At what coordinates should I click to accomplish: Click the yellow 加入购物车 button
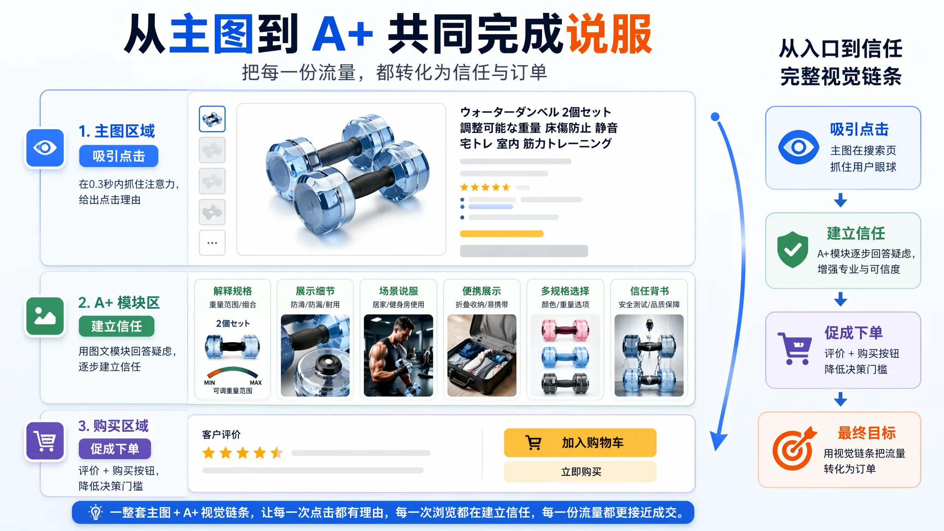coord(580,442)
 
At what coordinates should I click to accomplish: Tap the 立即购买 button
coord(580,472)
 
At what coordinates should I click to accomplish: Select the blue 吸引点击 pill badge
coord(118,156)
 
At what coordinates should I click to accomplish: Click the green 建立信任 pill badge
coord(116,326)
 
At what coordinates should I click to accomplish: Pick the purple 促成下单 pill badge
coord(115,449)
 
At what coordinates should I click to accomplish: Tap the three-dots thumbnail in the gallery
coord(212,242)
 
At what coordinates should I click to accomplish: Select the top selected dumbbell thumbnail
coord(212,119)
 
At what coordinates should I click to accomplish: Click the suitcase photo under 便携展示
coord(482,355)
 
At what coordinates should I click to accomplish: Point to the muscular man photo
coord(398,355)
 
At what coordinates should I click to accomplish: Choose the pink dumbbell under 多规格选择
coord(565,330)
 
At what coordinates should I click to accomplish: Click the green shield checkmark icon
coord(792,249)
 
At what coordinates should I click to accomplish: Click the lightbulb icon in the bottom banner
coord(95,513)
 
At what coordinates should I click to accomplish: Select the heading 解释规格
coord(233,291)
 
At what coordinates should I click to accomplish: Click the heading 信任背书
coord(649,291)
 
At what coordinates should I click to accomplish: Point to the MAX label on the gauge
coord(256,383)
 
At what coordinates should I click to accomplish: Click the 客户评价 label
coord(221,435)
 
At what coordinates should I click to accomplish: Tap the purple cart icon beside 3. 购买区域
coord(45,441)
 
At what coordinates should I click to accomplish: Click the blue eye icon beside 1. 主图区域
coord(45,148)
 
